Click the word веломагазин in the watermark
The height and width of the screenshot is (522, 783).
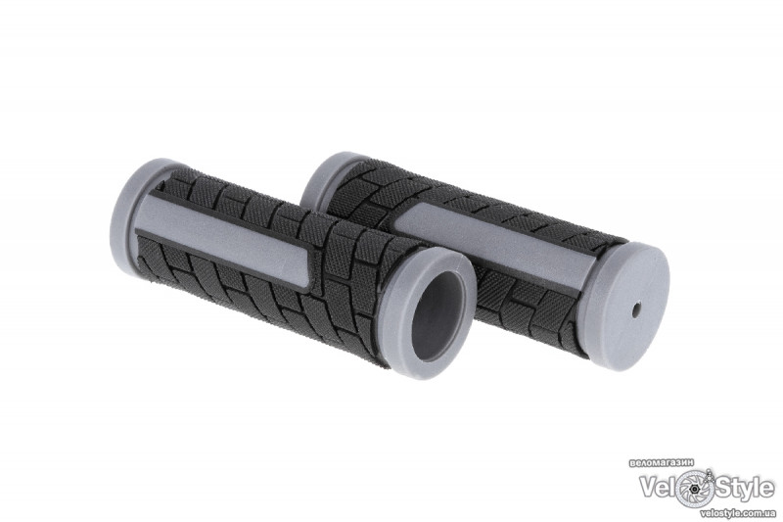tap(663, 463)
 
